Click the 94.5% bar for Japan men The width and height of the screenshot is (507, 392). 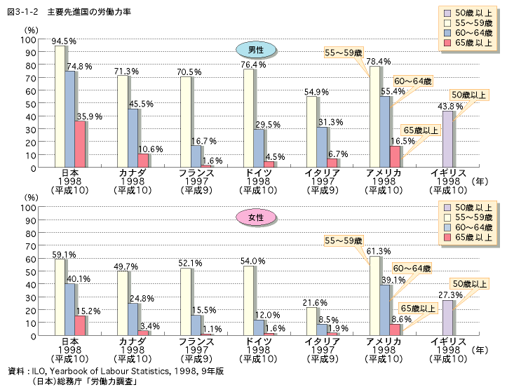tap(60, 107)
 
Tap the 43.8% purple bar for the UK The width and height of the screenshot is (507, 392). tap(447, 140)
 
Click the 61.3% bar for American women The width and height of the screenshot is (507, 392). tap(374, 296)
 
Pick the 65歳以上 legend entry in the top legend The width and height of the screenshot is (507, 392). tap(470, 43)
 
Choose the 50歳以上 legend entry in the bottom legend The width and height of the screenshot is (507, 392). tap(470, 207)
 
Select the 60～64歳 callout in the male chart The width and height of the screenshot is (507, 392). tap(412, 81)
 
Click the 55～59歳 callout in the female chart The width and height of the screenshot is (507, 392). tap(344, 241)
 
